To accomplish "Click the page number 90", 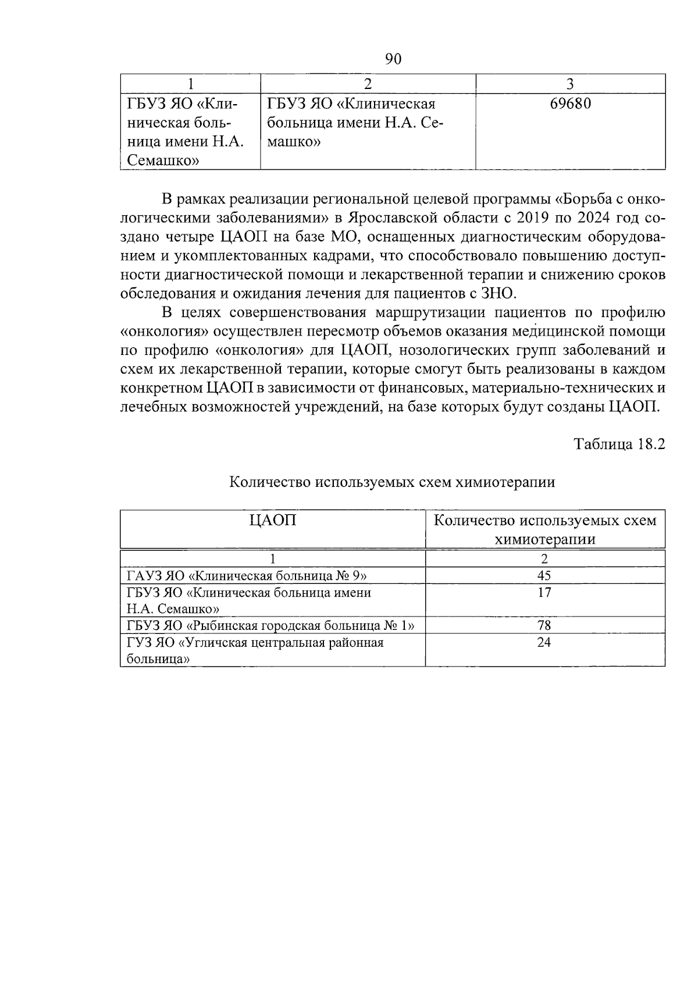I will click(394, 59).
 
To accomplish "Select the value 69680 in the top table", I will click(570, 104).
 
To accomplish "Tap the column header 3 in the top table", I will click(570, 84).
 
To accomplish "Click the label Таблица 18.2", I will click(619, 444).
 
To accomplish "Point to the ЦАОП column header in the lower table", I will click(272, 520).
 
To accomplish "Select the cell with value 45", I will click(544, 576).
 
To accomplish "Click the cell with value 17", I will click(544, 593).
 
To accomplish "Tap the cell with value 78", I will click(544, 626).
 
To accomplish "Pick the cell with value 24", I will click(544, 643).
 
